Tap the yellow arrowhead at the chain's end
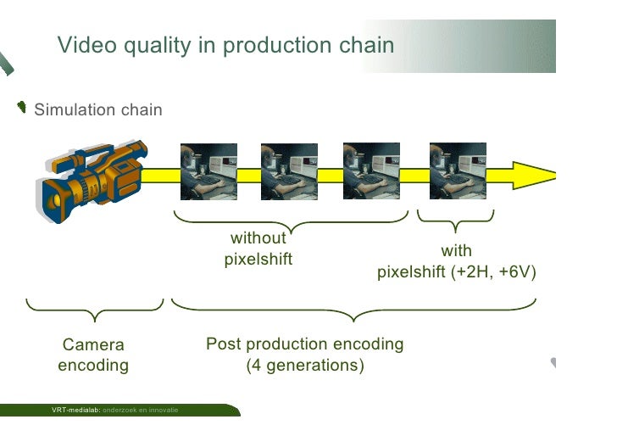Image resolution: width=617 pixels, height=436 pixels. [533, 176]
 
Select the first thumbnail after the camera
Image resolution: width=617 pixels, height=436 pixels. [208, 171]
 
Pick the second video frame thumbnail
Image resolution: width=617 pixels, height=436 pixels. [289, 171]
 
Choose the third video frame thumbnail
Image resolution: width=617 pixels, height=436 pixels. [370, 171]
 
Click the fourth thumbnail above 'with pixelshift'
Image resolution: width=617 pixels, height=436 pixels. [457, 171]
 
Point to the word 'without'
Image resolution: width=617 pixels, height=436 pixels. [258, 238]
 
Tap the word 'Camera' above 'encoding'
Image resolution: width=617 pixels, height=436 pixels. [93, 344]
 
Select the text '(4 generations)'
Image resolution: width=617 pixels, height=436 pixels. [304, 366]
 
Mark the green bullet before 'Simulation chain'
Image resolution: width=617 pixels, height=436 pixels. [22, 107]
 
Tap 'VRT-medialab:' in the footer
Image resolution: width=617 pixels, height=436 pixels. [75, 411]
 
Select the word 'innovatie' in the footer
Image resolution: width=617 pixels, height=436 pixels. [164, 411]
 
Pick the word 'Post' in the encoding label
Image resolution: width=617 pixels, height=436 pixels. [223, 344]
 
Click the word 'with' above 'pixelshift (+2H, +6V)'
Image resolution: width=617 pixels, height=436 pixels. [456, 251]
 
